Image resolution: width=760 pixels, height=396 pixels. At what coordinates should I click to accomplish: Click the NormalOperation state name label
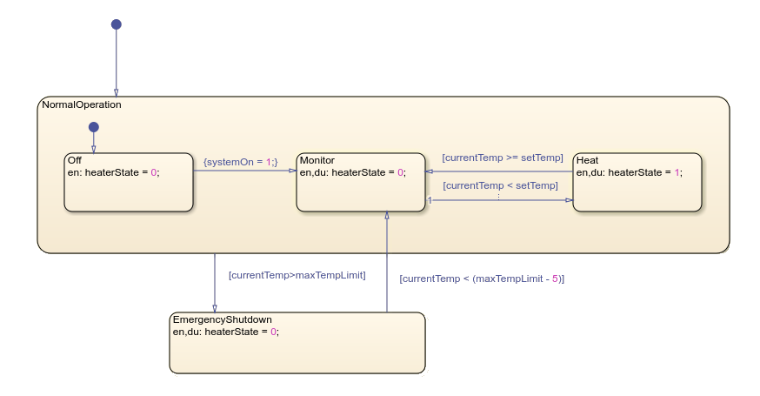(81, 104)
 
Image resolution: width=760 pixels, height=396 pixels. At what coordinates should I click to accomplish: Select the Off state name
(75, 161)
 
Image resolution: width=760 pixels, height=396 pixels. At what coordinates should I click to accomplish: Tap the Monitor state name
(317, 161)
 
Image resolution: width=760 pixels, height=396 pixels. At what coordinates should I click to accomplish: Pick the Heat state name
(587, 161)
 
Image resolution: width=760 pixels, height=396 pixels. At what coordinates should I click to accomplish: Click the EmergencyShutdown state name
(223, 319)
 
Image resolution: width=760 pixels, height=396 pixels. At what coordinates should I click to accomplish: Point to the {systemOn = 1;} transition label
(239, 161)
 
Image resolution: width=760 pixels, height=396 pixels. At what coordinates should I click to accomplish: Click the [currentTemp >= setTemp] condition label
(503, 158)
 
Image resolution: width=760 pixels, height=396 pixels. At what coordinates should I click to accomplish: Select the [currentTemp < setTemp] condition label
(500, 185)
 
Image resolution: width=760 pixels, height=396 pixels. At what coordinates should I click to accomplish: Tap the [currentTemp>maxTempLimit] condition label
(297, 275)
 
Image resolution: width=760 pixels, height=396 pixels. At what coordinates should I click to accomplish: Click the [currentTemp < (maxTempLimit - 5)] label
(482, 279)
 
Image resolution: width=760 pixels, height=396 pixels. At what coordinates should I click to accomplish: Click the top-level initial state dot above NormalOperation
(117, 24)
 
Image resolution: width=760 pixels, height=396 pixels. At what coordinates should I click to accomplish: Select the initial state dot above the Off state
(93, 128)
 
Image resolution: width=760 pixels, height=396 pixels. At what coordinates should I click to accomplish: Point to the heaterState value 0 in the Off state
(154, 172)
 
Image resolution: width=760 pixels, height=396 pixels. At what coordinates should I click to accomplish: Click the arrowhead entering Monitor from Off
(292, 171)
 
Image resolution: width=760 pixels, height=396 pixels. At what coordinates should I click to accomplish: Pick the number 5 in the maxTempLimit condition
(554, 279)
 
